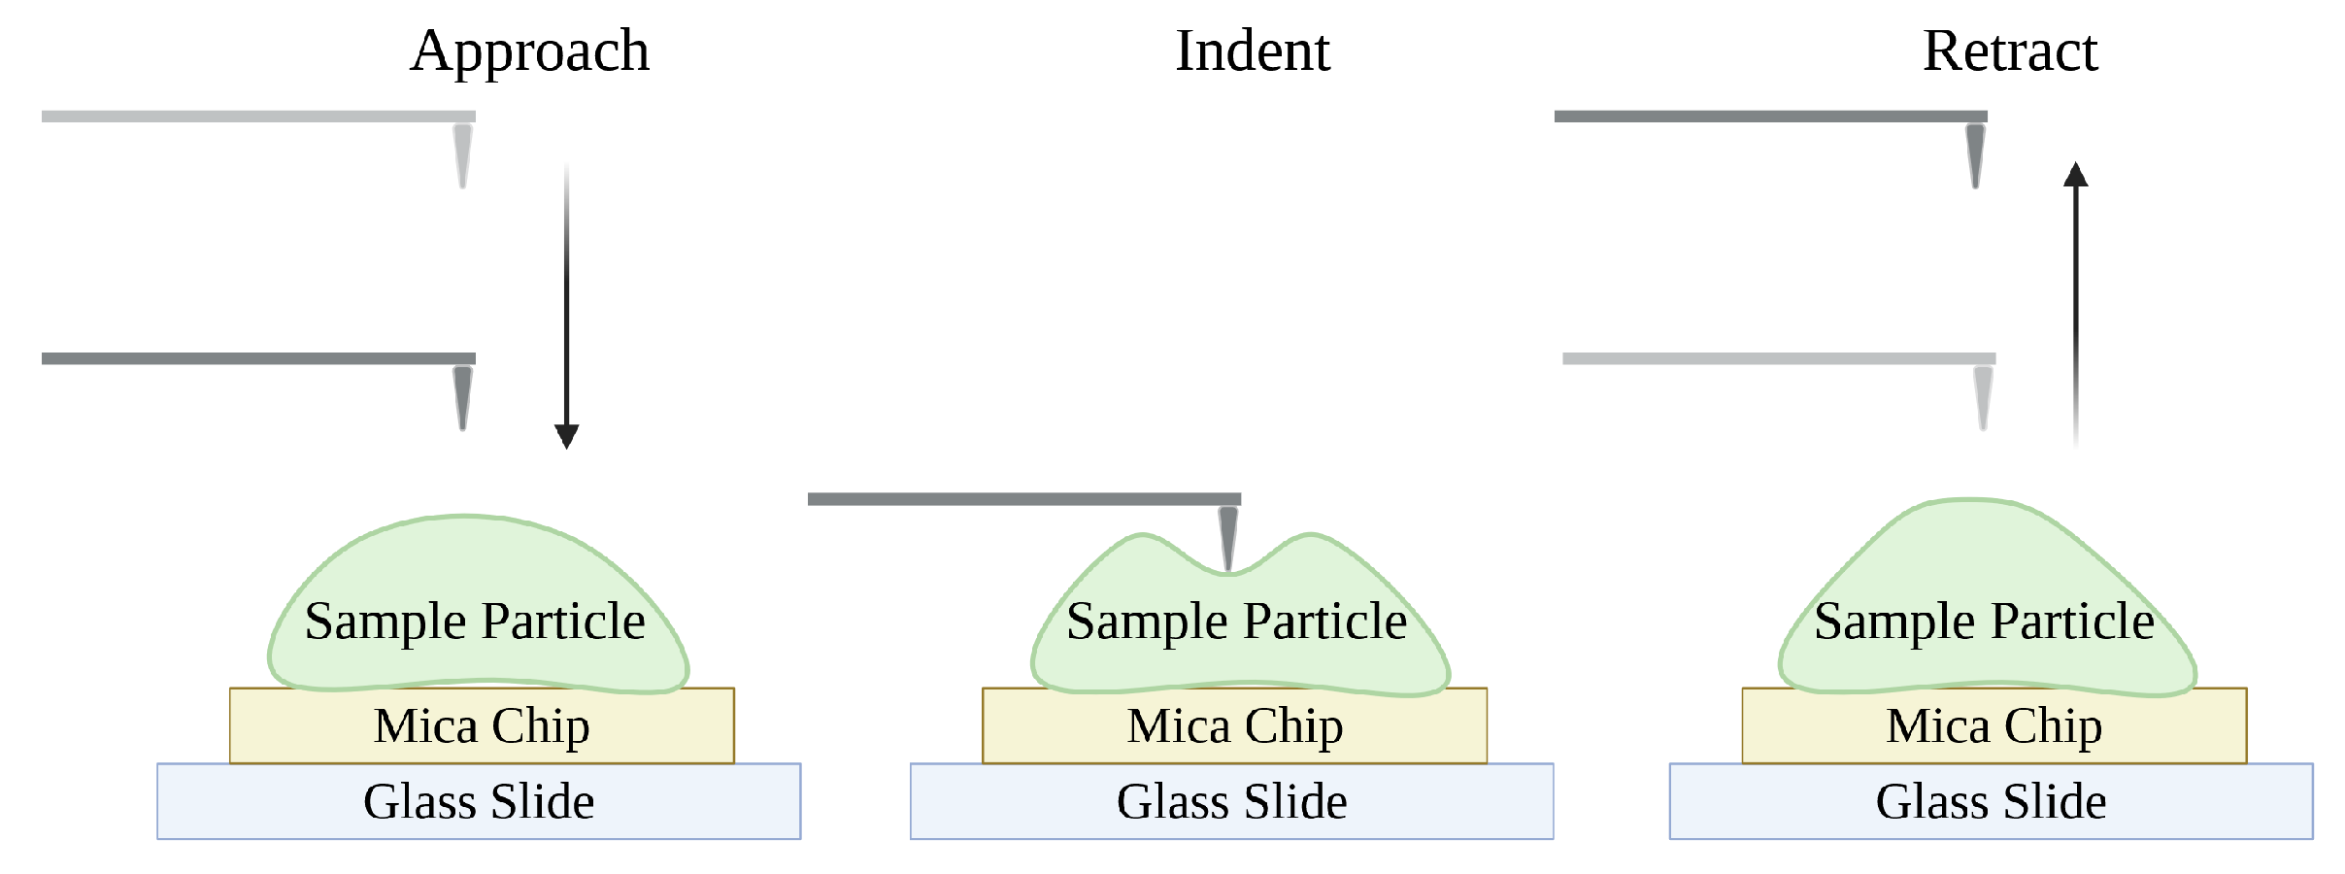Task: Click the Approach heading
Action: (529, 51)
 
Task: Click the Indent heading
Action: (1252, 51)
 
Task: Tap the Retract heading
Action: (2009, 51)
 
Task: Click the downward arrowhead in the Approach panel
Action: (566, 436)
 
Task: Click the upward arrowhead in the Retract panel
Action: (2075, 175)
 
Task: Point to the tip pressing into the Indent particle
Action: (1228, 540)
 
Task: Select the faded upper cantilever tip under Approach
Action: (462, 154)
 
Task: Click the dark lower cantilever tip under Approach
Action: (462, 396)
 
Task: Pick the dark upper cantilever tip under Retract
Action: (1974, 154)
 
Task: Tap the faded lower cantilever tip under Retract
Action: (1982, 396)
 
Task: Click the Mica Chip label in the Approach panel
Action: (482, 726)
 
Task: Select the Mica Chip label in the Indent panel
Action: (1234, 726)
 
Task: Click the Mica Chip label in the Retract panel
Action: (1993, 726)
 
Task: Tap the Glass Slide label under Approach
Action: (479, 802)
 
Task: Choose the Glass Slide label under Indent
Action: (1231, 802)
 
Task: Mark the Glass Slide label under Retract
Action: (1991, 802)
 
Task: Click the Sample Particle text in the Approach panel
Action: (474, 622)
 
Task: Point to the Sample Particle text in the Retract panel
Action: (1984, 622)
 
